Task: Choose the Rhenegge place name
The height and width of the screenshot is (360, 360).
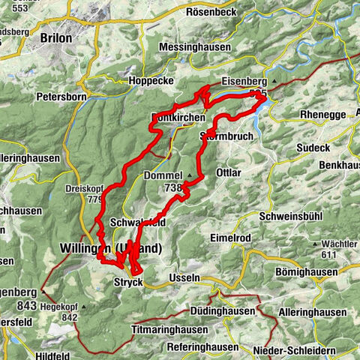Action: [x=304, y=114]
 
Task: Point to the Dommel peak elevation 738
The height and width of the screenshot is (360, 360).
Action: [x=171, y=189]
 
